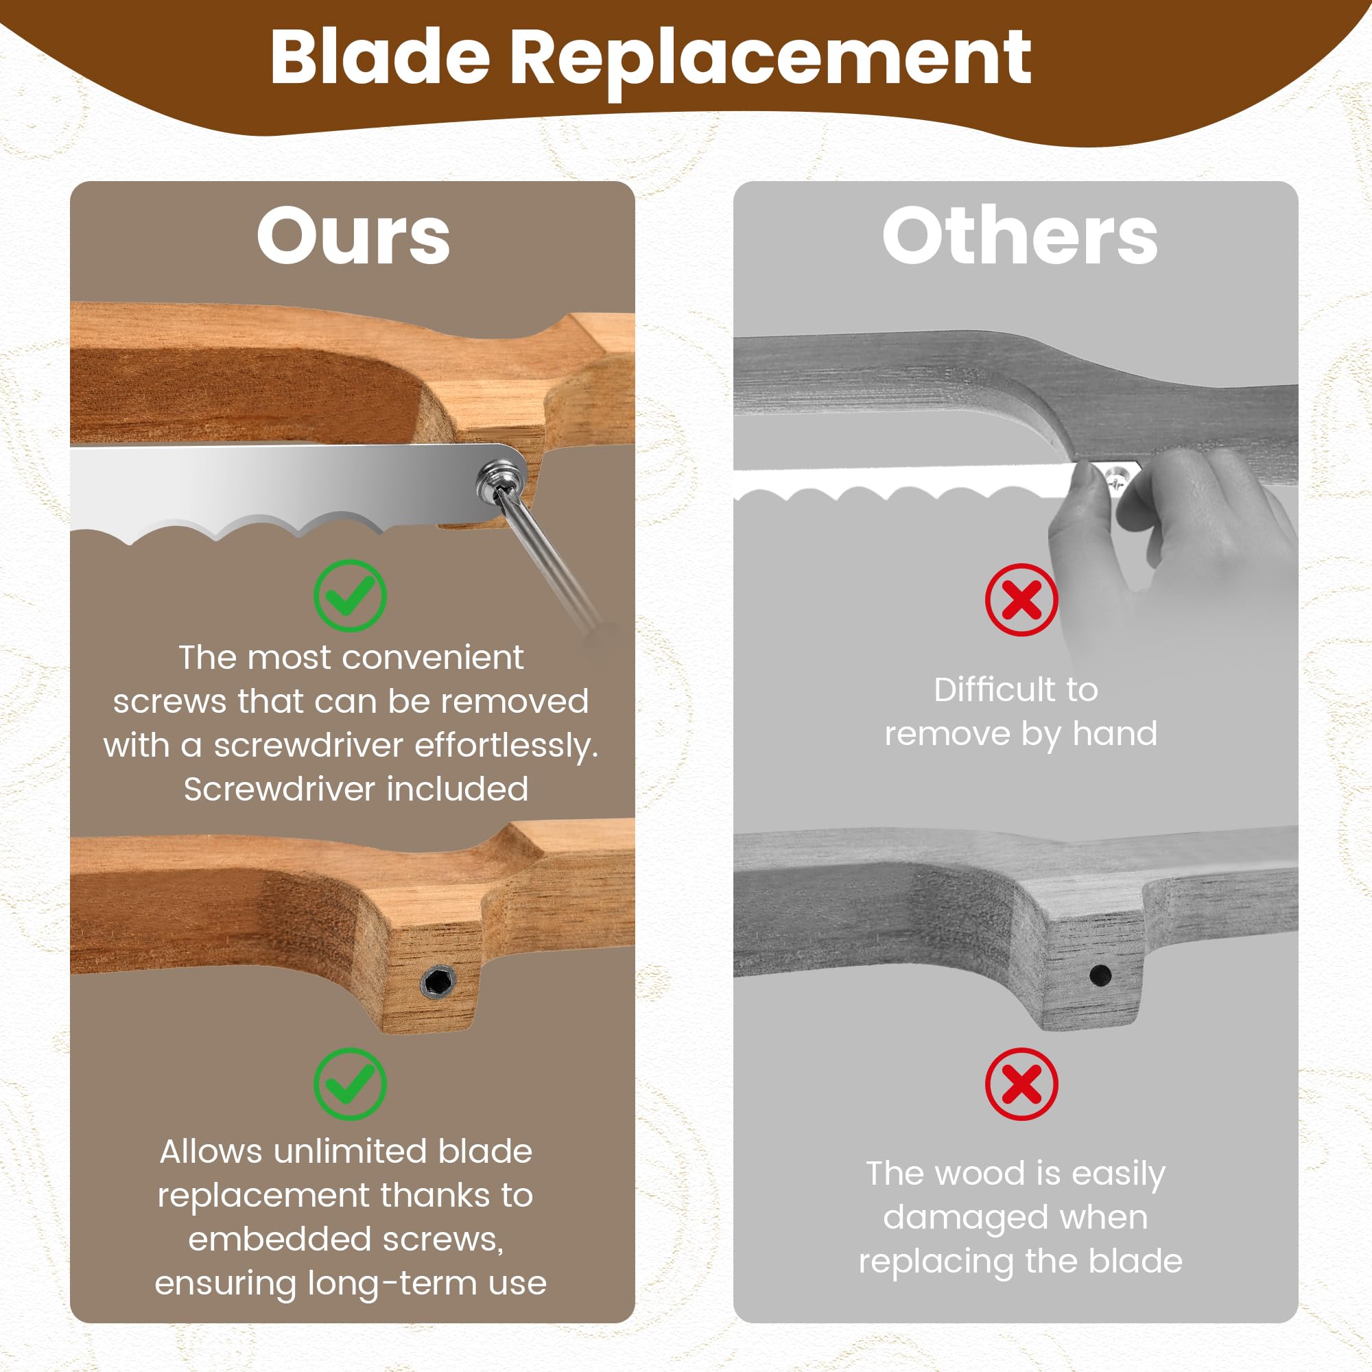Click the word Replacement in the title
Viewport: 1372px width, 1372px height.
tap(770, 62)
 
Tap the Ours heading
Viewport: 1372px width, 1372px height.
tap(353, 236)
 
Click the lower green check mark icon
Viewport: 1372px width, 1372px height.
tap(350, 1085)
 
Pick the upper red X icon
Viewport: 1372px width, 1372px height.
tap(1021, 600)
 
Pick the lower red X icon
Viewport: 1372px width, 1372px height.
tap(1021, 1085)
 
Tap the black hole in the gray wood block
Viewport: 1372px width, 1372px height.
tap(1100, 975)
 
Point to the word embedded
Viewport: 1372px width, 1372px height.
tap(279, 1239)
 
